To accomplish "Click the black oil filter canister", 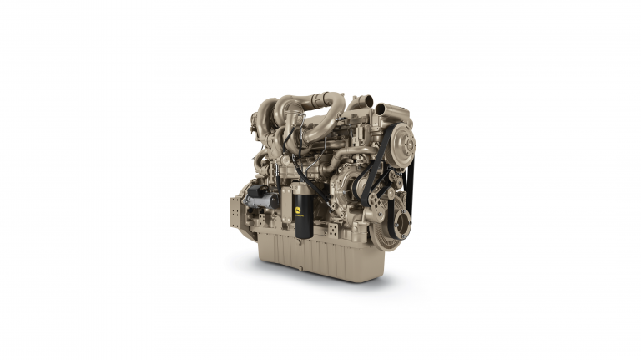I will coord(303,214).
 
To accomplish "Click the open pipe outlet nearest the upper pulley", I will coord(382,109).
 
